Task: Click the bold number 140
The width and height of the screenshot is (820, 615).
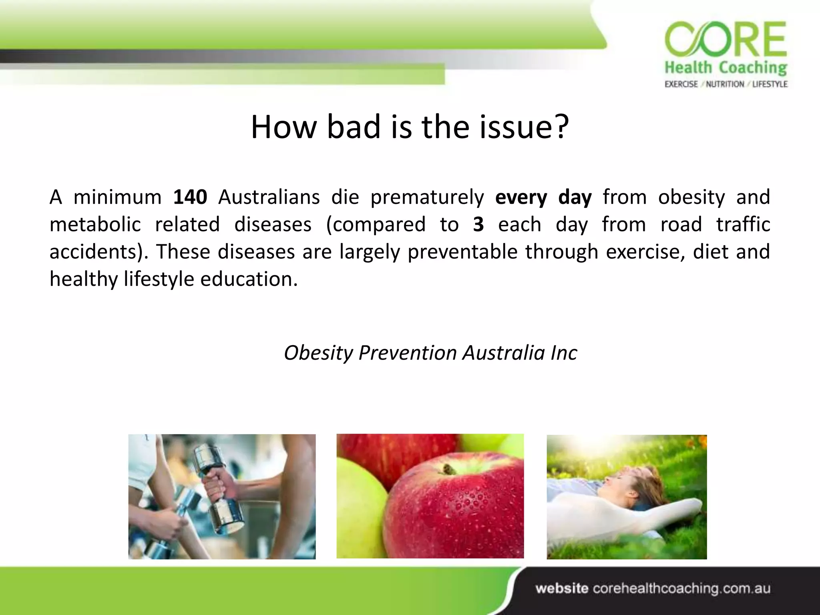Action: click(190, 197)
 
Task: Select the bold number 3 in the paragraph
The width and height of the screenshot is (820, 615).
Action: click(478, 225)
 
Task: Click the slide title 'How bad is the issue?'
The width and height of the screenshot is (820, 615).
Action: click(410, 127)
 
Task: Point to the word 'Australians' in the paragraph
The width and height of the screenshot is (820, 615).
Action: click(269, 197)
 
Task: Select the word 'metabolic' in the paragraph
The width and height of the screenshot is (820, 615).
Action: click(95, 225)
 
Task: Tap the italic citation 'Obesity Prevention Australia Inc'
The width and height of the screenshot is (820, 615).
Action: click(430, 353)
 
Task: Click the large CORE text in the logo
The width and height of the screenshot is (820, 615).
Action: click(726, 41)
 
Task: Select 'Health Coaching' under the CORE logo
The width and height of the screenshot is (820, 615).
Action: click(726, 68)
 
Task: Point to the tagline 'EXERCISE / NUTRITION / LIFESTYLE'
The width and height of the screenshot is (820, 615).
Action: click(726, 84)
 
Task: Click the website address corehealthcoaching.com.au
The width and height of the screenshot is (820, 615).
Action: click(681, 589)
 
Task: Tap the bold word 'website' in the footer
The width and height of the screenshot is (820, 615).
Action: click(562, 589)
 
